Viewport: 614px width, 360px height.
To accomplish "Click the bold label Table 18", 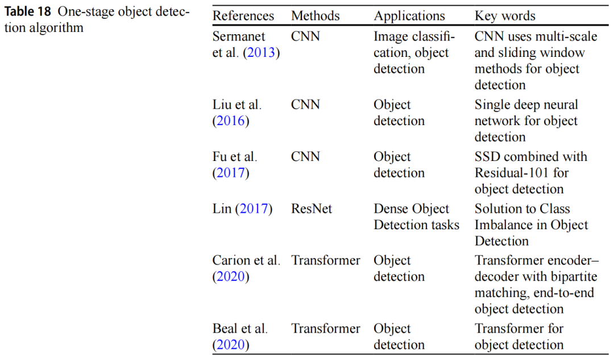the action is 28,13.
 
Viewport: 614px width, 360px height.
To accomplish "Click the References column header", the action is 243,16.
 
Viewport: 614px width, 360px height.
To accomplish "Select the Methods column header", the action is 316,16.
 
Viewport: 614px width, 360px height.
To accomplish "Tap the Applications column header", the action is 409,16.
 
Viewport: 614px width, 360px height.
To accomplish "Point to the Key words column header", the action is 505,16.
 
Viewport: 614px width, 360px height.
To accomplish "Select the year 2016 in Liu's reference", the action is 231,121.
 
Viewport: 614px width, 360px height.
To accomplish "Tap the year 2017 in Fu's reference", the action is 231,173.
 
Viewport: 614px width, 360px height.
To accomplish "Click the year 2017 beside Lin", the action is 254,209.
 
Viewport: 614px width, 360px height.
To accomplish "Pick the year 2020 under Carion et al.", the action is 231,277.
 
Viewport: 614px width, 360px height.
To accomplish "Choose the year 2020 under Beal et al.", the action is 231,345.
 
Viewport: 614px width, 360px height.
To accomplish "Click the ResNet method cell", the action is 312,209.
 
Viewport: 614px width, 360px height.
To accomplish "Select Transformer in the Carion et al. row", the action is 326,260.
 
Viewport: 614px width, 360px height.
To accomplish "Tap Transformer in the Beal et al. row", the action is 326,329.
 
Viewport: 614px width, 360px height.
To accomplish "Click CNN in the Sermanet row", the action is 305,36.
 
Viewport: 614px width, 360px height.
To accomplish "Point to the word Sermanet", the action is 239,36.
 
